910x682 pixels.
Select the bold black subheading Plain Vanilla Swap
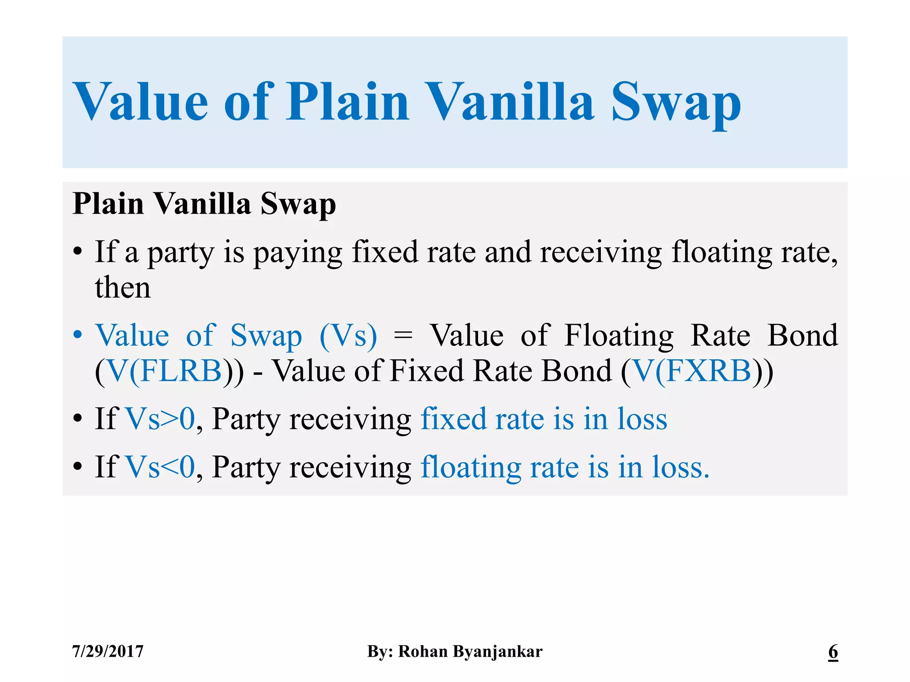(204, 204)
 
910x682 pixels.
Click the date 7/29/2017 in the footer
(108, 651)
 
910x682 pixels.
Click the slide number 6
(833, 651)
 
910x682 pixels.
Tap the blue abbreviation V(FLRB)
(165, 371)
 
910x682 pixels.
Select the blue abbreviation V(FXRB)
(692, 371)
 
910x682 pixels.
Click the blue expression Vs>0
(160, 419)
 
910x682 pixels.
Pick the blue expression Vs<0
(160, 467)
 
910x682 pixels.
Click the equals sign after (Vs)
(403, 336)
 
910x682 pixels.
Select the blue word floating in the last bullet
(471, 468)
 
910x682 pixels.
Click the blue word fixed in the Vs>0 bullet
(453, 419)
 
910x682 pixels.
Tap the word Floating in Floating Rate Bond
(619, 336)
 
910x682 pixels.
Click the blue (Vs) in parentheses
(348, 336)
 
